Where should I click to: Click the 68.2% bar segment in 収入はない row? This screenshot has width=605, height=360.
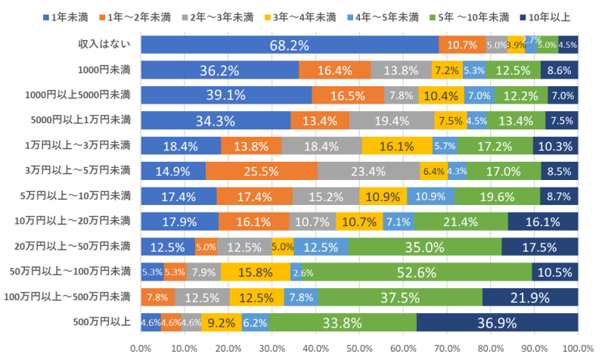(290, 45)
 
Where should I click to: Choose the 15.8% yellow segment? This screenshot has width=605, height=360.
(255, 272)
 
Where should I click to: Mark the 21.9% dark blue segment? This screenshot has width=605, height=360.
(530, 298)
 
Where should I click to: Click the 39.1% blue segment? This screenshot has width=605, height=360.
(226, 95)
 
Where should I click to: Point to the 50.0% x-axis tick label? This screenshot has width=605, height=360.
(359, 348)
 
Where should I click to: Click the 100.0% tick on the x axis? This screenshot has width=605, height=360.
(578, 348)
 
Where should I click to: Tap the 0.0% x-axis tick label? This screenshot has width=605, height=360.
(141, 348)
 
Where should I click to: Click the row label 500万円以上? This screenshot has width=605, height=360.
(104, 323)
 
